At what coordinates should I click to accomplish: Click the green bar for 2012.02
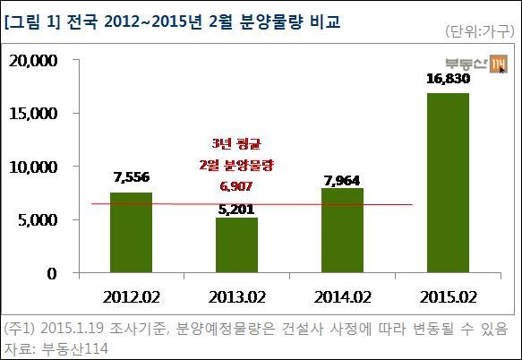tap(131, 233)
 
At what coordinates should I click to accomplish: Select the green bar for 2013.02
tap(236, 245)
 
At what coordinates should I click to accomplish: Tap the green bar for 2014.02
tap(342, 230)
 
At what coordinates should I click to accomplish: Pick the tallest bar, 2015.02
tap(448, 183)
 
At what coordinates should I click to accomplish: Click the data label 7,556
tap(132, 177)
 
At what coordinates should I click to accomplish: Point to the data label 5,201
tap(236, 210)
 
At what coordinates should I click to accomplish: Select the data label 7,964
tap(342, 181)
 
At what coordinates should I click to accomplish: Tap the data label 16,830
tap(448, 79)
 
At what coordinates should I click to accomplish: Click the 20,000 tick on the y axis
tap(33, 61)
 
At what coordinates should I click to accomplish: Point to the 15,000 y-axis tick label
tap(33, 114)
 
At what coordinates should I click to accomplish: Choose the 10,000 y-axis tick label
tap(33, 167)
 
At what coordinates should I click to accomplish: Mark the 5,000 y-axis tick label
tap(38, 220)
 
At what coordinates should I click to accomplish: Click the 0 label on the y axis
tap(52, 274)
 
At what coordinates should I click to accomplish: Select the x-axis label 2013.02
tap(236, 297)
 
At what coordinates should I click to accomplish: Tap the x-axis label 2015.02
tap(448, 297)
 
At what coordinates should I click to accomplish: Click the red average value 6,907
tap(236, 186)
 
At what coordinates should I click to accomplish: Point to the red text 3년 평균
tap(236, 144)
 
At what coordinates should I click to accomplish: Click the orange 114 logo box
tap(500, 64)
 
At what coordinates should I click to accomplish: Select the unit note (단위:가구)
tap(480, 31)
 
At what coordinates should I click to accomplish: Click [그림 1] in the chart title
tap(32, 22)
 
